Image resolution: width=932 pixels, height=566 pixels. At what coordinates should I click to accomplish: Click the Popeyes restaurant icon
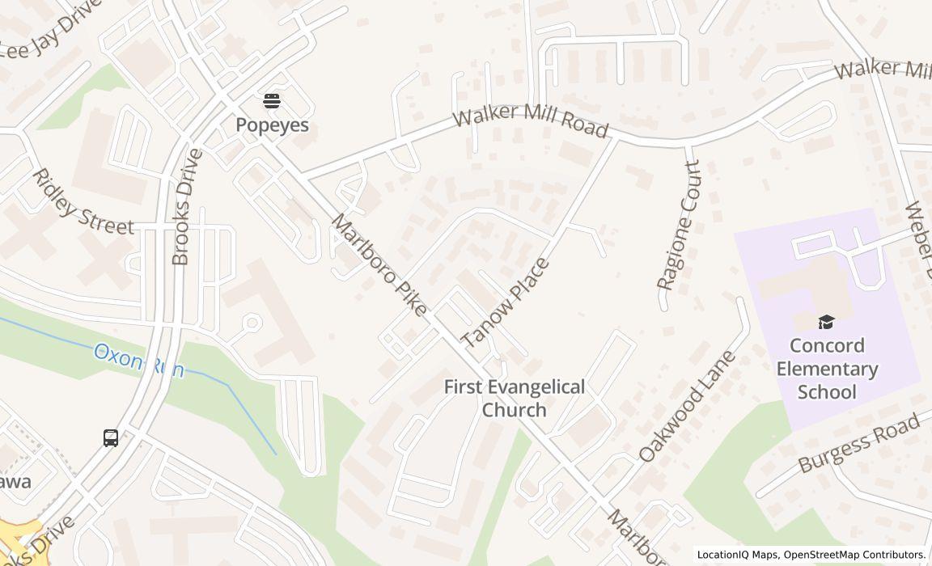[272, 101]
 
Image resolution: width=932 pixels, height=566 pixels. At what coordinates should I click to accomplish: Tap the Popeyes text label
[272, 125]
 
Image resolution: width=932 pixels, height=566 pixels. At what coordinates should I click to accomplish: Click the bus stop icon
[111, 438]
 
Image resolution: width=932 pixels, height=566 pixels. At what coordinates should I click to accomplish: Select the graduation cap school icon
[825, 323]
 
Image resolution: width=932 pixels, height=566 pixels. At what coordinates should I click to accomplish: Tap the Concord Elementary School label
[826, 369]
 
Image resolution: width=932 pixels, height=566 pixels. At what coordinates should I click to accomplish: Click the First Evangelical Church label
[514, 399]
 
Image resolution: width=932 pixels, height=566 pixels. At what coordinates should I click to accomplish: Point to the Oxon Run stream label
[138, 361]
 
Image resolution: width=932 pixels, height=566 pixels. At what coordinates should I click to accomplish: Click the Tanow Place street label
[505, 303]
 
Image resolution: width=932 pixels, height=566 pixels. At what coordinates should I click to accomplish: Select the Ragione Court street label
[678, 226]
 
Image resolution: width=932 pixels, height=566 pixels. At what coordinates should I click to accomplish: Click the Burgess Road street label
[859, 443]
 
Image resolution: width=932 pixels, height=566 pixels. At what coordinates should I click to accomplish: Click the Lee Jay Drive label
[50, 36]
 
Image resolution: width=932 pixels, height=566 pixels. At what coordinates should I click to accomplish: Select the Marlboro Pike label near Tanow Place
[379, 265]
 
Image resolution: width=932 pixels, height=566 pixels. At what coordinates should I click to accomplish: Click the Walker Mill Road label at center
[530, 121]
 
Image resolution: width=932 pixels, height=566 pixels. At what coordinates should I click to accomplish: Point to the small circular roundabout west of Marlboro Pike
[252, 323]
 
